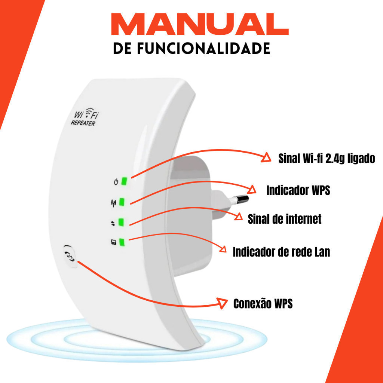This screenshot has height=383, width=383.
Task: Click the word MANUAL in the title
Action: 200,24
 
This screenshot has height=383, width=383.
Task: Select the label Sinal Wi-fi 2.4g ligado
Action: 327,159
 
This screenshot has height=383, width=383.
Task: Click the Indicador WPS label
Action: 298,190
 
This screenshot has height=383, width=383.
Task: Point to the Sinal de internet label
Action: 285,218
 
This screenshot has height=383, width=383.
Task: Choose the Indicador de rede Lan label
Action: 281,252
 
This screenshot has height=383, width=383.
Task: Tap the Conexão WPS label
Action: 263,304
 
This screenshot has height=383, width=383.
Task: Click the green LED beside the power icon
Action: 124,181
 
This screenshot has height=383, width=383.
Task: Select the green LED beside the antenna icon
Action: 122,202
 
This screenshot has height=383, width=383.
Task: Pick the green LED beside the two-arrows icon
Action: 121,222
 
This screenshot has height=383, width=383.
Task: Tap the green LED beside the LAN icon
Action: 122,242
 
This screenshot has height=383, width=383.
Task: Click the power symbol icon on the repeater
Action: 116,182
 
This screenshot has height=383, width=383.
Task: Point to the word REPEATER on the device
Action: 83,123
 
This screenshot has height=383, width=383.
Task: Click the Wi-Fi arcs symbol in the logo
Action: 90,111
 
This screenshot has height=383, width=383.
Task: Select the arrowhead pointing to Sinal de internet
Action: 238,217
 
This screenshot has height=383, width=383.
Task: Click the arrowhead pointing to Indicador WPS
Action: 252,190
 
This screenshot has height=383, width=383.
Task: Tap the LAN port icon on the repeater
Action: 114,242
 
